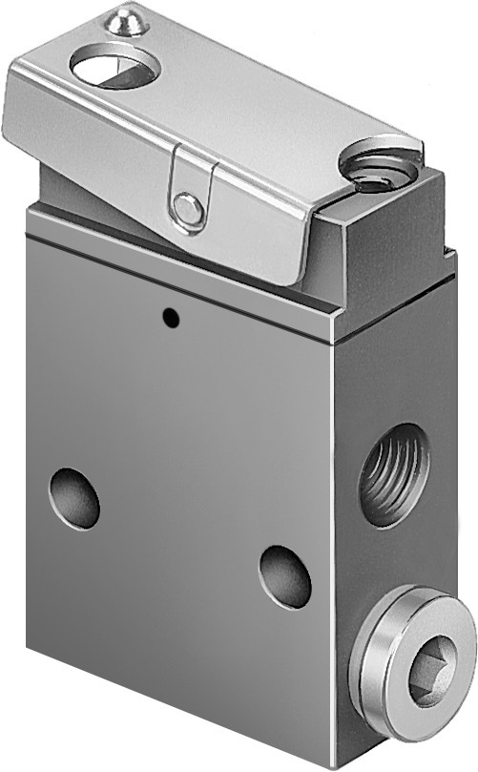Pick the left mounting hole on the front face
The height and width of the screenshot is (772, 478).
(74, 497)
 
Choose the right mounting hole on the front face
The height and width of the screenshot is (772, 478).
(285, 575)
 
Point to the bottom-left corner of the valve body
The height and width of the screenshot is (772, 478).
(29, 648)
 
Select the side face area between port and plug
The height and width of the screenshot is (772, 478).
(401, 563)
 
